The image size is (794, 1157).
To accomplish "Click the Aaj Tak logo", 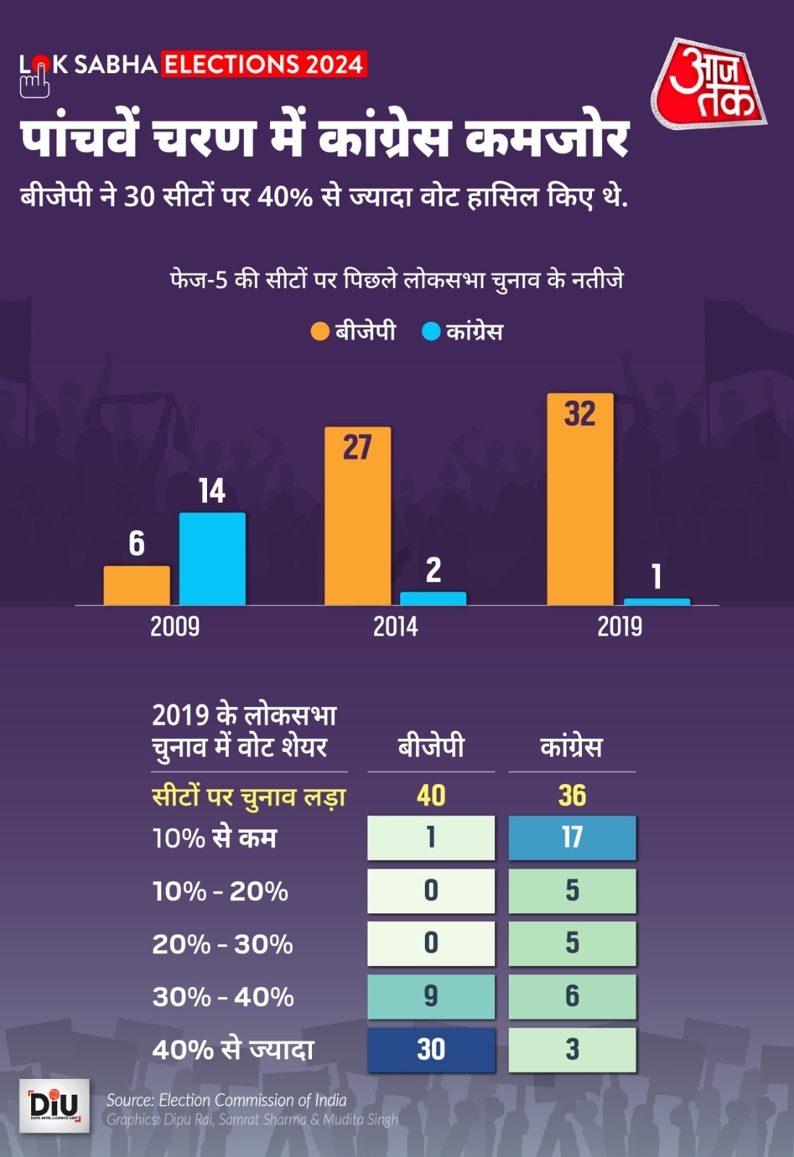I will click(x=709, y=85).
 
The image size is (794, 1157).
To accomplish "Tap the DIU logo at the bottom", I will click(x=54, y=1106).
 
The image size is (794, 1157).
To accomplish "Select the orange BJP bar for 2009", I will click(x=137, y=585).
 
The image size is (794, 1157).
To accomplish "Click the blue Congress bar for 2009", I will click(x=212, y=558).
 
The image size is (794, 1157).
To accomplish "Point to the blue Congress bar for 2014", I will click(x=433, y=598).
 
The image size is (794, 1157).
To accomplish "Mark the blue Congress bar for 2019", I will click(x=656, y=601).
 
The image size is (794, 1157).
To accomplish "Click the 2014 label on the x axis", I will click(x=395, y=626).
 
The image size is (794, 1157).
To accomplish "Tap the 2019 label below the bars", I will click(x=620, y=626).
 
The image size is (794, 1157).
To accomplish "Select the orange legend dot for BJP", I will click(x=320, y=332).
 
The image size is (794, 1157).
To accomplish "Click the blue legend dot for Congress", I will click(x=431, y=332).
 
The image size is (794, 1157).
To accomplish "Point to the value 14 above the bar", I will click(x=212, y=492).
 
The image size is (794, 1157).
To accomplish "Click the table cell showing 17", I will click(x=572, y=837).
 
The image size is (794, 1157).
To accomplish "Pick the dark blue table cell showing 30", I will click(x=431, y=1049).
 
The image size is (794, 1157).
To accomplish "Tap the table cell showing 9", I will click(x=431, y=996).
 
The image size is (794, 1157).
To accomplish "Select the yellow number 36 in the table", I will click(x=572, y=795).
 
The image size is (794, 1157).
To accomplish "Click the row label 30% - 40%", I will click(x=223, y=997).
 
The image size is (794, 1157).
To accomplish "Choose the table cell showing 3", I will click(x=572, y=1049).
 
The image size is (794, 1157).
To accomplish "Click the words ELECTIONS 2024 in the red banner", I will click(x=263, y=64).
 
